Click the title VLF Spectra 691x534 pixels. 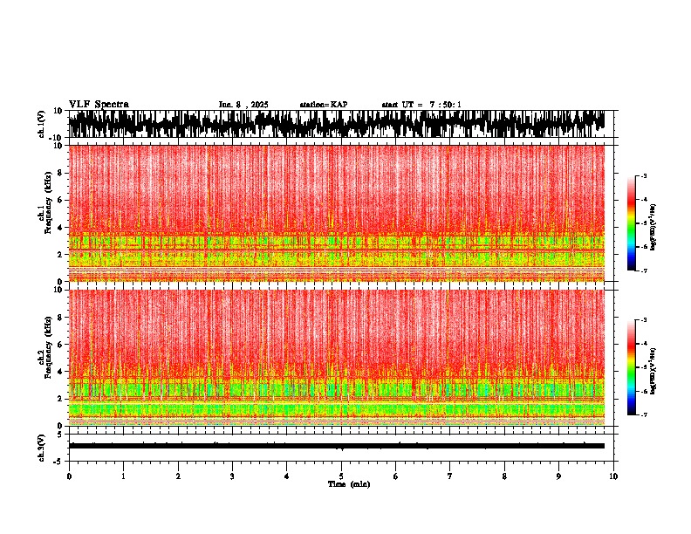point(99,105)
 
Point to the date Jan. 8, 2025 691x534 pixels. point(243,105)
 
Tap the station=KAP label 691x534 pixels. point(323,105)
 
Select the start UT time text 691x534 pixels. point(421,105)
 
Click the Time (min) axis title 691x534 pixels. point(348,484)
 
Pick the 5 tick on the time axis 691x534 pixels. point(341,476)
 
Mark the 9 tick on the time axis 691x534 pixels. point(559,476)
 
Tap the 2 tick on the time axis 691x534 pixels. point(178,476)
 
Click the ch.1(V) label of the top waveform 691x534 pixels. point(41,125)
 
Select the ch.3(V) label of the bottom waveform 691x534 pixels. point(41,446)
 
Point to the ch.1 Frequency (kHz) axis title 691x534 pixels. point(44,207)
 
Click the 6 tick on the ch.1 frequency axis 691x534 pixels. point(60,200)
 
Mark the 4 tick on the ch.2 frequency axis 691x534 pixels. point(60,372)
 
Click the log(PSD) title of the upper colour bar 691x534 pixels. point(653,223)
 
